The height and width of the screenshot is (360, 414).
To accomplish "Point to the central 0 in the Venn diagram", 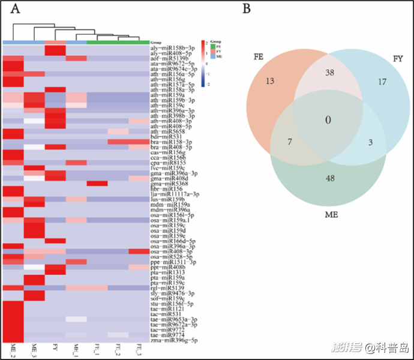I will [328, 120].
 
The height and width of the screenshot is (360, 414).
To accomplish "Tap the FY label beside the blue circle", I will [397, 58].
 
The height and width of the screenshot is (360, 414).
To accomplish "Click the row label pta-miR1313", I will [166, 272].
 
